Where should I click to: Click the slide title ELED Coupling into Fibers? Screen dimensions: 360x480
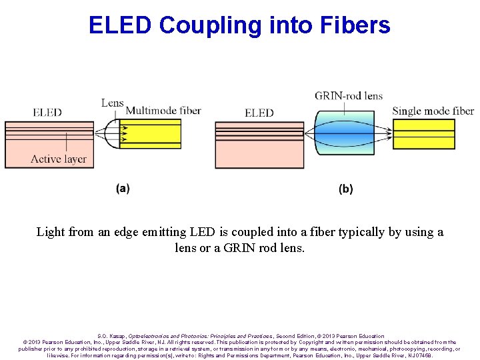[x=239, y=25]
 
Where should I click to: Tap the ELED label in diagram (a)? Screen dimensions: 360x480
[x=47, y=112]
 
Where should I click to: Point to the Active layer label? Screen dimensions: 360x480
[x=59, y=159]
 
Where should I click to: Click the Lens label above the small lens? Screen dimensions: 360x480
[x=112, y=103]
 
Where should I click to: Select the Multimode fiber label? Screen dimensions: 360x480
[x=163, y=111]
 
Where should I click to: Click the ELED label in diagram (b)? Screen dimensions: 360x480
[x=259, y=113]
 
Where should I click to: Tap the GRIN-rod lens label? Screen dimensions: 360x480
[x=349, y=96]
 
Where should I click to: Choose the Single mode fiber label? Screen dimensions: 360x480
[x=433, y=111]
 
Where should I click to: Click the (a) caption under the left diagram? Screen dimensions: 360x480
[x=123, y=189]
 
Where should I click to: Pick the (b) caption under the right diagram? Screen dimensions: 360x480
[x=346, y=189]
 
